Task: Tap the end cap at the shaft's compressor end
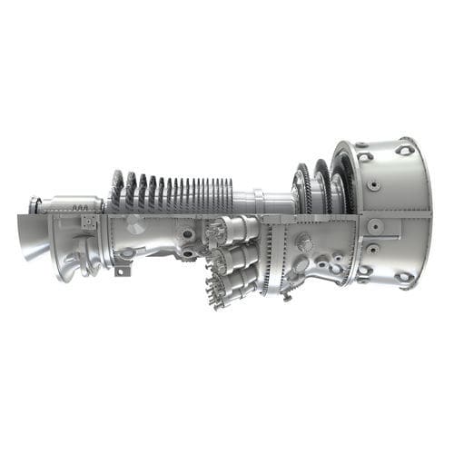click(34, 205)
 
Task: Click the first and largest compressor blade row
click(116, 191)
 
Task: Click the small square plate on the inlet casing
click(88, 222)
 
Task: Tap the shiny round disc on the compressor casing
click(134, 227)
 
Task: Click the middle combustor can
click(236, 259)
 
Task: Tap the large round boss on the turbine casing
click(302, 242)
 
